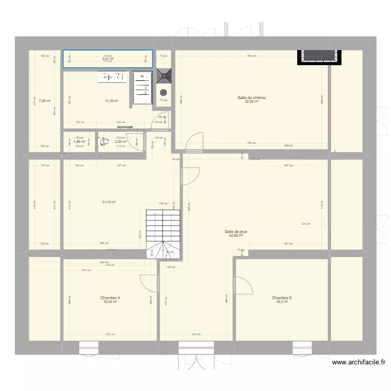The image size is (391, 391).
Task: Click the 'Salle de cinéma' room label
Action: [x=251, y=97]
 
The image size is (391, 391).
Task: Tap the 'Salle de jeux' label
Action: [x=236, y=231]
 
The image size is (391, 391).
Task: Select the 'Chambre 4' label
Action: [x=110, y=298]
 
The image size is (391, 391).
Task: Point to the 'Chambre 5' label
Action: [x=282, y=298]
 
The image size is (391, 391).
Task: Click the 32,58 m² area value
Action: [x=251, y=102]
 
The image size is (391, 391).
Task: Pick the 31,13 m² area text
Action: [x=108, y=202]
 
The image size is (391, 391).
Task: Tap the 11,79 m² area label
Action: [x=111, y=101]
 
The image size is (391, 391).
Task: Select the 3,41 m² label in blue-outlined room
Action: [x=107, y=59]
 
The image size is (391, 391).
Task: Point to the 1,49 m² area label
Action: [x=79, y=141]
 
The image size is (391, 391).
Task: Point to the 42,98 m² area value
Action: [x=236, y=236]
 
